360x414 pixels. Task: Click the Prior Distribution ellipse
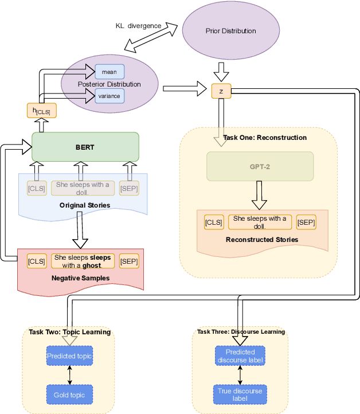(222, 30)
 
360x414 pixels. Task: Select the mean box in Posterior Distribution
(109, 72)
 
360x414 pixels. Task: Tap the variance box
(109, 96)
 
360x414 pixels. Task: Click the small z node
(221, 91)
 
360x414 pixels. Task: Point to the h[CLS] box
(38, 111)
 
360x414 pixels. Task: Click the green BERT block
(85, 147)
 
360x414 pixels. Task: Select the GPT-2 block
(260, 166)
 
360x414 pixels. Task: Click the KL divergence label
(138, 26)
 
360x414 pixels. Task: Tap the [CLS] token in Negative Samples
(36, 261)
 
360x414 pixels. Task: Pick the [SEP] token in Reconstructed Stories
(306, 222)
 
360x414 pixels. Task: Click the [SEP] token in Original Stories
(128, 188)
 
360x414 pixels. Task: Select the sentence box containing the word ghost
(83, 261)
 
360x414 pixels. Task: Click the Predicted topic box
(69, 356)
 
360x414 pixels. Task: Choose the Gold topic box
(69, 395)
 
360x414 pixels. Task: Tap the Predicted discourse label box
(240, 356)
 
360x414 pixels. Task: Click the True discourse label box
(240, 395)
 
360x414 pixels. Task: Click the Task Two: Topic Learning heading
(69, 332)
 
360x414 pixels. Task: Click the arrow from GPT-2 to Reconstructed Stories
(260, 197)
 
